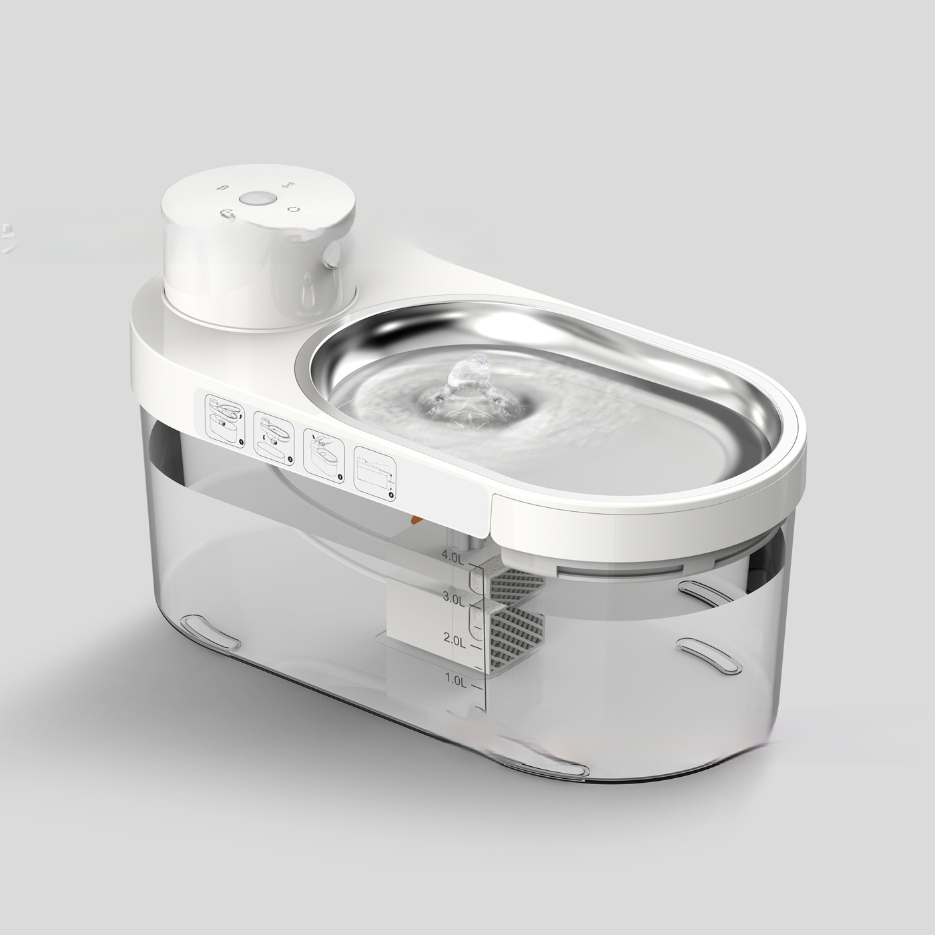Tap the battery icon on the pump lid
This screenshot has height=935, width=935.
[222, 186]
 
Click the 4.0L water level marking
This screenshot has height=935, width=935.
[452, 557]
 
